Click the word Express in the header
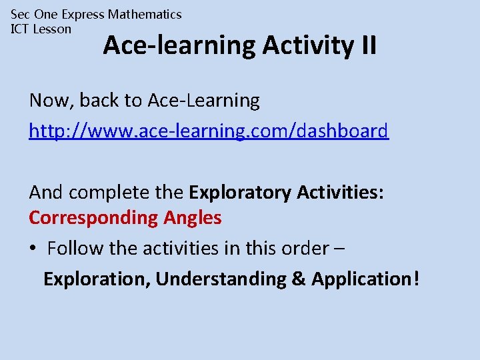pos(83,14)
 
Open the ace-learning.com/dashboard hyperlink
pos(209,131)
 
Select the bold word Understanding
pos(221,279)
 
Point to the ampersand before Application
pos(299,279)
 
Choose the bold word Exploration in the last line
pos(96,279)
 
